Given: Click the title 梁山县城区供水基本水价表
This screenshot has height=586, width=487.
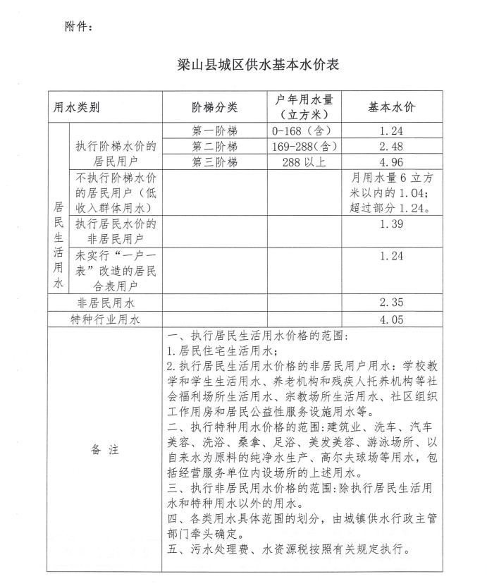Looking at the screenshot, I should (x=259, y=66).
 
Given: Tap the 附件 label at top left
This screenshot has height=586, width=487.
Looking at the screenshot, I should (x=78, y=27).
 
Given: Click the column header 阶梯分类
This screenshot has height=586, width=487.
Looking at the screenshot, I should (x=214, y=108).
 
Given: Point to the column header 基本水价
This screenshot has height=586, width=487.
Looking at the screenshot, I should (x=391, y=107).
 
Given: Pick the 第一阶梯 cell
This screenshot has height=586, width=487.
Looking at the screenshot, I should (x=214, y=131).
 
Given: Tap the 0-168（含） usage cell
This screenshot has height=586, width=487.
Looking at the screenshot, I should (x=301, y=131).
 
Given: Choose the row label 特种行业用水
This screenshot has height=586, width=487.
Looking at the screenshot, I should (x=106, y=319).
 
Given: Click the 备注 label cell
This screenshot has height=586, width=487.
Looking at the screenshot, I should (x=105, y=451).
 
